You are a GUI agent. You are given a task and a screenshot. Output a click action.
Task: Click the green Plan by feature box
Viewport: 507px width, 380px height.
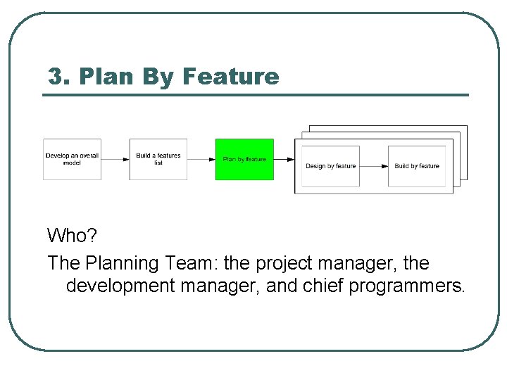point(244,159)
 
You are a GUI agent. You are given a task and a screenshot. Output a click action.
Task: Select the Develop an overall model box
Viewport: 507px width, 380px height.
point(72,159)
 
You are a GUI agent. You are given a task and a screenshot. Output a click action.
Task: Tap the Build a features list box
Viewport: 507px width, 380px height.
point(158,159)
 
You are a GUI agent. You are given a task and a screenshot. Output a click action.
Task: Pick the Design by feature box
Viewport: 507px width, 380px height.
point(330,166)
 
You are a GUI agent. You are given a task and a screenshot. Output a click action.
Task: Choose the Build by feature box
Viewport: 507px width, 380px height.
point(417,166)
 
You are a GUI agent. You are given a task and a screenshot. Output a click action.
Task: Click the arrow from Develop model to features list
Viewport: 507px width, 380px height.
point(115,159)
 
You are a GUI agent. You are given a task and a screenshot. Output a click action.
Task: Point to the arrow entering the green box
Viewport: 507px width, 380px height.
point(201,159)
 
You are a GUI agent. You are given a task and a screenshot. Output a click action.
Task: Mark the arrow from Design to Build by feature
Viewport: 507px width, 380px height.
point(374,166)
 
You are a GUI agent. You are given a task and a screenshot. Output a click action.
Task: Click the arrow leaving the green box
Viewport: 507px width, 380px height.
point(284,159)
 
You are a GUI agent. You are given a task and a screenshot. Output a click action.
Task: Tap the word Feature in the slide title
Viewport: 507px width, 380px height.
point(231,76)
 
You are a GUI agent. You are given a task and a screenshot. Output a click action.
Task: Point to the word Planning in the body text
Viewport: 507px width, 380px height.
point(123,263)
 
